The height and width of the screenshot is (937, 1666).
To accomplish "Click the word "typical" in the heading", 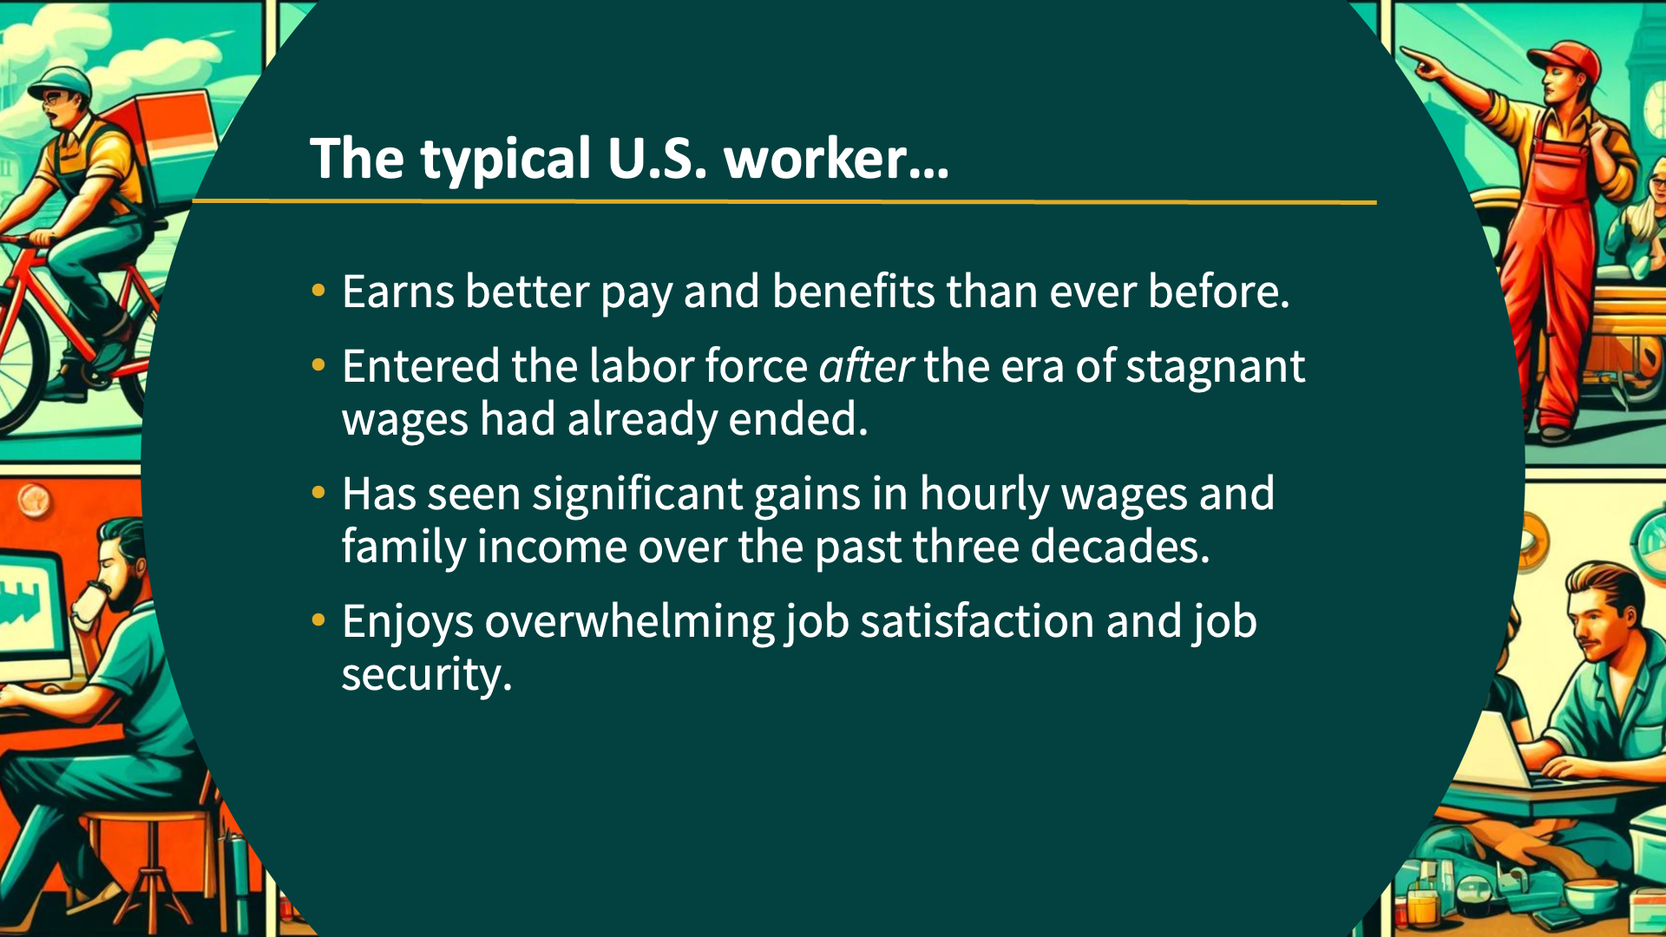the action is pos(506,160).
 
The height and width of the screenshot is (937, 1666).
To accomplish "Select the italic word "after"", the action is pos(865,365).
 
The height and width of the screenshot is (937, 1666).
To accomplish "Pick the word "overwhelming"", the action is pos(629,622).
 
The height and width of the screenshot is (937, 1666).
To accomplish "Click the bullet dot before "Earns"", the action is pos(318,291).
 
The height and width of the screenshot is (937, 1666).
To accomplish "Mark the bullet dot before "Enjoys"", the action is pos(318,620).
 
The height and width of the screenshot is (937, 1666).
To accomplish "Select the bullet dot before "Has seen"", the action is pos(318,493).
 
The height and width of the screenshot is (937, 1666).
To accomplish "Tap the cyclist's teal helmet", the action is pos(61,83).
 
